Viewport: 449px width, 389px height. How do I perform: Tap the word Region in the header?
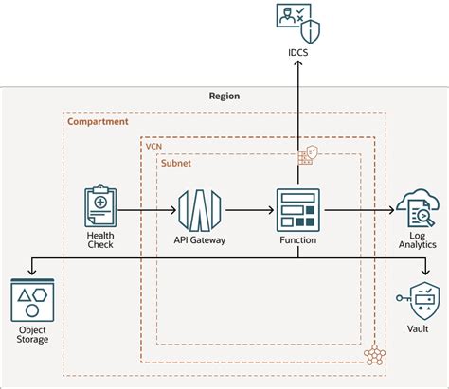224,96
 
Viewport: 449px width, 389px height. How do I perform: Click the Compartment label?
99,122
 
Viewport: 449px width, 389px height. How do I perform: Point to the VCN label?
153,147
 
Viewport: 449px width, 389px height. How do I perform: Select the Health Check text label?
100,242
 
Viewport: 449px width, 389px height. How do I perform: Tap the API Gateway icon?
199,209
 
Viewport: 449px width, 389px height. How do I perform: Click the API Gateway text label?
199,240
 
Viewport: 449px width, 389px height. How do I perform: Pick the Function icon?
297,209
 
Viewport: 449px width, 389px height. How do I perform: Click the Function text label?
297,240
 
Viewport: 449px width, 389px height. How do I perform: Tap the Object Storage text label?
32,334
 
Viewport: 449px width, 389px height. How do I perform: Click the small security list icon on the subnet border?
307,156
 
